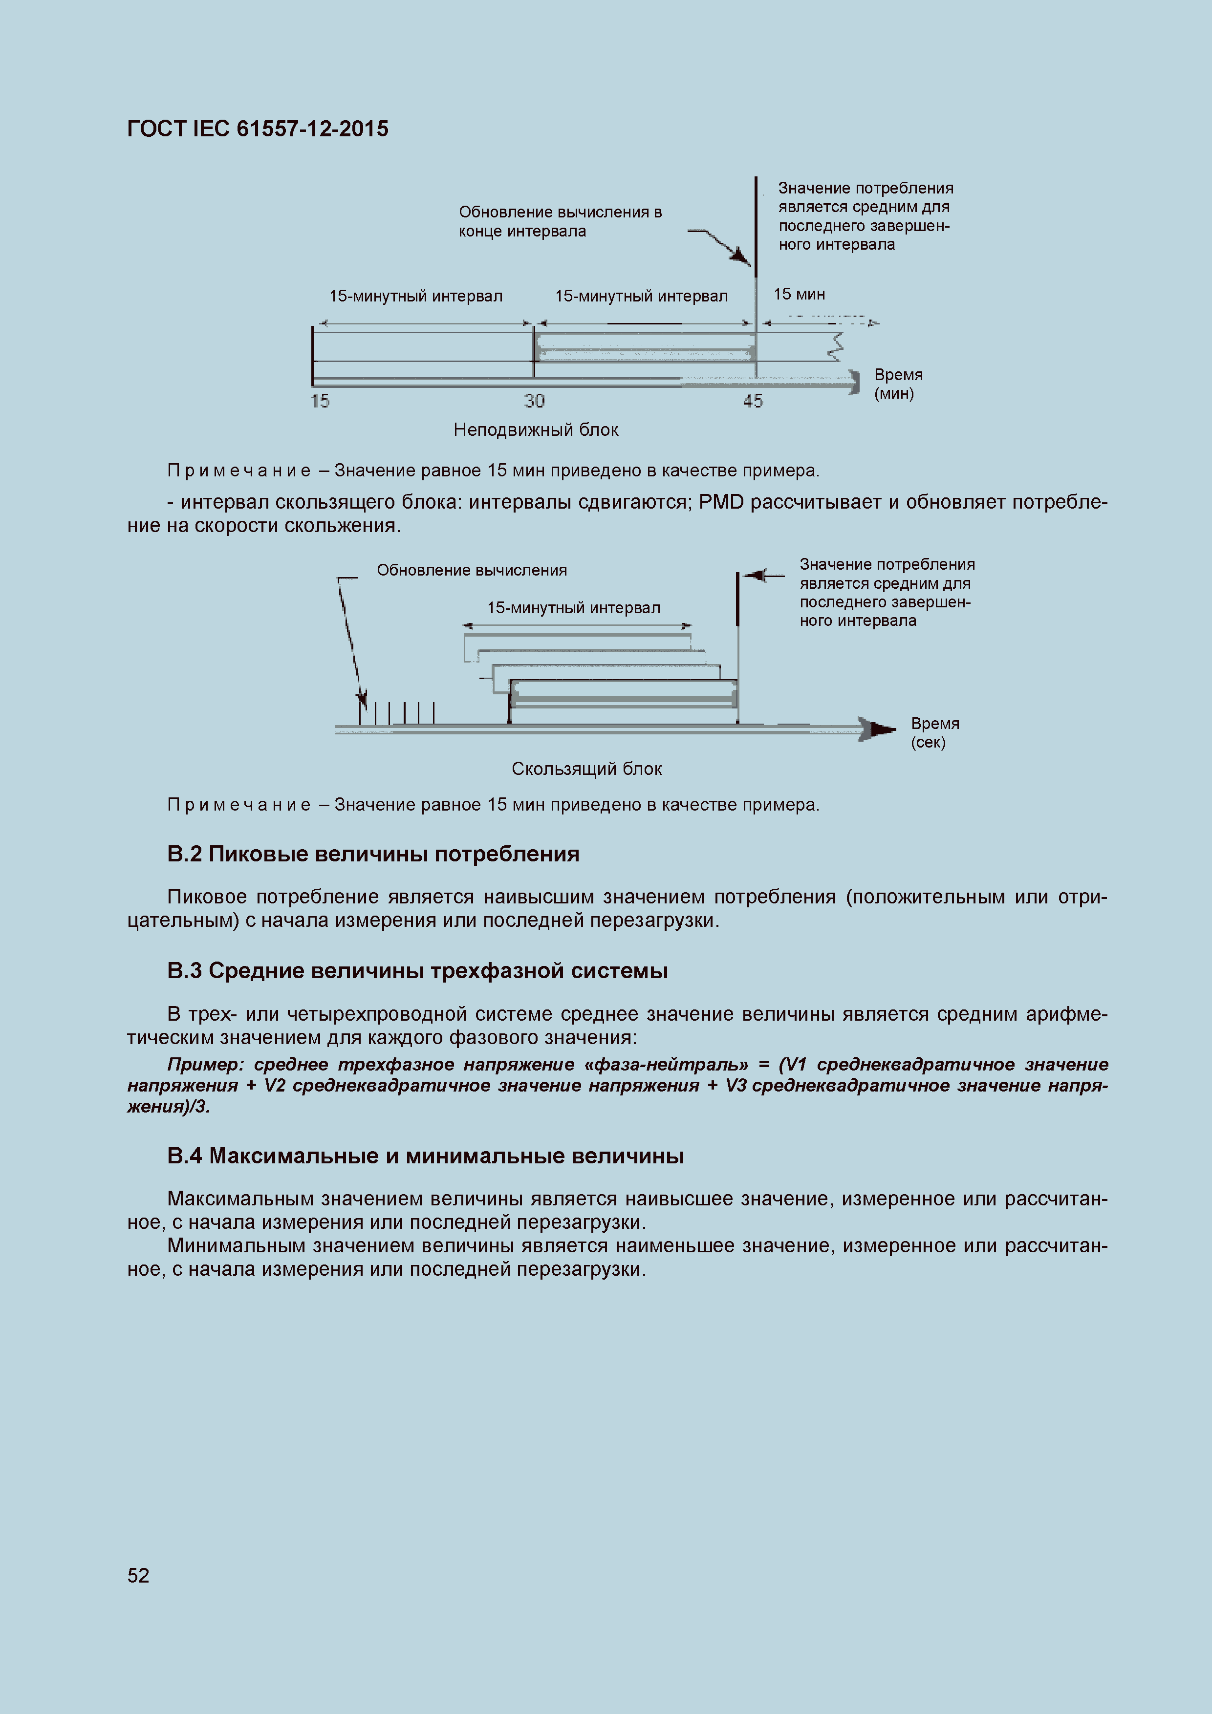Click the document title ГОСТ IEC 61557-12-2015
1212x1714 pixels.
coord(258,129)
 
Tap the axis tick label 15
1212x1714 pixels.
coord(320,402)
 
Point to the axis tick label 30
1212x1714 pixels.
coord(534,402)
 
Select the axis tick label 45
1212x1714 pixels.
coord(753,402)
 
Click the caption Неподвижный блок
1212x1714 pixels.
coord(536,430)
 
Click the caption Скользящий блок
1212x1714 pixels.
coord(586,769)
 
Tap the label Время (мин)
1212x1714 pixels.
coord(898,384)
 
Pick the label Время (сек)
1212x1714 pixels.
coord(934,732)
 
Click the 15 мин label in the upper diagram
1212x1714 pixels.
coord(799,294)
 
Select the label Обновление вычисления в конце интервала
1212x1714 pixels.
coord(560,222)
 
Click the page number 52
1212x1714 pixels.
coord(138,1575)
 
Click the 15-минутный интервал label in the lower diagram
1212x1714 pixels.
coord(574,608)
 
